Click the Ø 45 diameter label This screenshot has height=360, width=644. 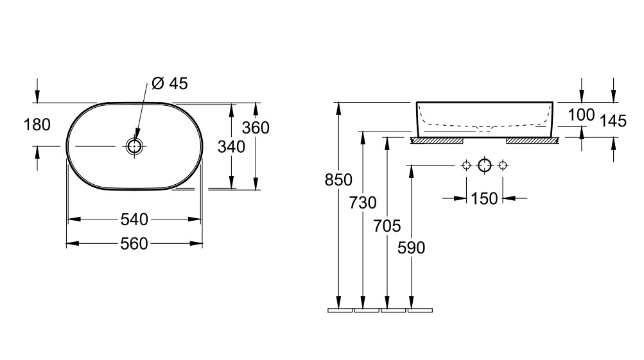(x=170, y=83)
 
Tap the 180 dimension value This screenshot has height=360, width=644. (x=37, y=124)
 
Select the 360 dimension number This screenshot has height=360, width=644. (x=256, y=128)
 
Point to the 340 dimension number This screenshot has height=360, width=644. (x=231, y=147)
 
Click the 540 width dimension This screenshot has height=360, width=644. (x=135, y=219)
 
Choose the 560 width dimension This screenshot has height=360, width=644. (x=135, y=244)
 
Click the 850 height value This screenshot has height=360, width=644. (x=339, y=180)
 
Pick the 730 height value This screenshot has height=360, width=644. (x=363, y=203)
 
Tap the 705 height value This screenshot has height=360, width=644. (x=387, y=225)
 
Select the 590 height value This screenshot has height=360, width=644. (x=412, y=248)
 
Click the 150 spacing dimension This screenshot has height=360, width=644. (x=484, y=199)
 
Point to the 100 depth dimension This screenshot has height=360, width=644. (x=582, y=116)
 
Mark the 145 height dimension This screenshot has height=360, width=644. (x=613, y=121)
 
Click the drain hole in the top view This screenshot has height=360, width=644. (x=134, y=146)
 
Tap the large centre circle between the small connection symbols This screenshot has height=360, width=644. (x=485, y=166)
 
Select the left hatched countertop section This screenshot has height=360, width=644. (x=437, y=140)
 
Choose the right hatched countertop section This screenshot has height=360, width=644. (x=531, y=140)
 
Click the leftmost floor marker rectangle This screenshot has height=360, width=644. (x=340, y=311)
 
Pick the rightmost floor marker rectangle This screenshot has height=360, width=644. (x=420, y=311)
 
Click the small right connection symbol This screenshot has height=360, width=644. (x=503, y=166)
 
